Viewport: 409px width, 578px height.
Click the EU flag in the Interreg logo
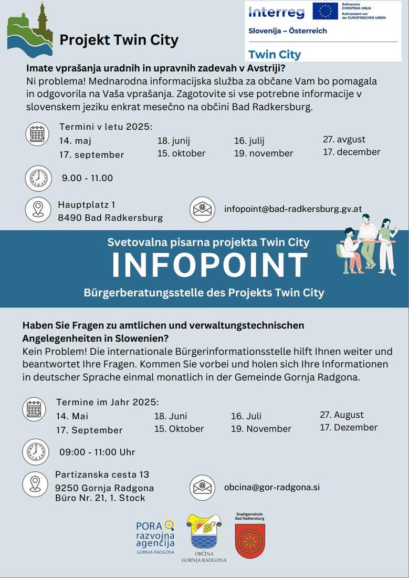point(325,11)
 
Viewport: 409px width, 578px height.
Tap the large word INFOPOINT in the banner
point(209,265)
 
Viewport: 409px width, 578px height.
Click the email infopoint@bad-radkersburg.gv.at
point(293,209)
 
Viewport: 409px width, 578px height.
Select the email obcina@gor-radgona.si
point(271,487)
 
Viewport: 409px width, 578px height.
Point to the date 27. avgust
point(344,139)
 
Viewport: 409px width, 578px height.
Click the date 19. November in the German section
point(261,429)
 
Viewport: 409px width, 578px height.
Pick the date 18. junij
point(173,140)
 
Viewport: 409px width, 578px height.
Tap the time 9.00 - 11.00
point(87,178)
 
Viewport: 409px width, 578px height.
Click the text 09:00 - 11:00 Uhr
point(97,452)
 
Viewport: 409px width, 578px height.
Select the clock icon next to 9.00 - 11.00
point(38,178)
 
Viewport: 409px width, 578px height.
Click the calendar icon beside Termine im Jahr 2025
point(35,409)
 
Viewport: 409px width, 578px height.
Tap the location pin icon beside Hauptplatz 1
point(38,209)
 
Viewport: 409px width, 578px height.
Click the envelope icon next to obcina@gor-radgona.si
point(202,487)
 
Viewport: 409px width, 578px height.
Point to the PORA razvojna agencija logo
point(155,536)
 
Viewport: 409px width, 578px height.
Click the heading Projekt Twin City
point(119,40)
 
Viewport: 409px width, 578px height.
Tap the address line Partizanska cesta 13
point(102,474)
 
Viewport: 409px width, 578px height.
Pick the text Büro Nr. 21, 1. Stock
point(100,498)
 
